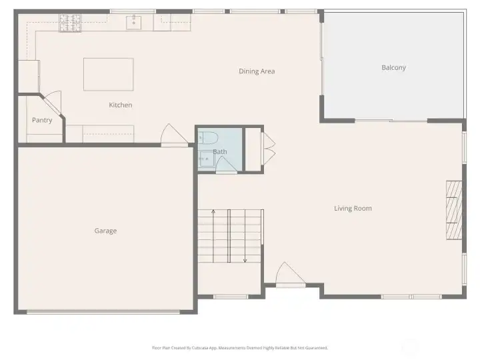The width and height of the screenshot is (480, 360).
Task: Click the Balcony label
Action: click(393, 67)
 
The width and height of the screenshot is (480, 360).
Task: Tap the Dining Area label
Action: click(257, 71)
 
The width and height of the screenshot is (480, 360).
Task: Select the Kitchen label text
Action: click(121, 105)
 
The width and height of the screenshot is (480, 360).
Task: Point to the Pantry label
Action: click(42, 121)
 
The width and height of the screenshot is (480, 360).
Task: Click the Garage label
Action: click(105, 231)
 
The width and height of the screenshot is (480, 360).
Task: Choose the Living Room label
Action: click(353, 209)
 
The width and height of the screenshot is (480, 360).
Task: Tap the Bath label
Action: click(220, 152)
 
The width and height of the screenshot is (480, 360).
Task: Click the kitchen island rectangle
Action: click(108, 74)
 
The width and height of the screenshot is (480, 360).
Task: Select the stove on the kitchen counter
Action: click(69, 23)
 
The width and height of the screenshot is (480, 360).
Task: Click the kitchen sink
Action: click(134, 22)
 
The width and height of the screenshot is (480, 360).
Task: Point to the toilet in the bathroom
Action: click(208, 138)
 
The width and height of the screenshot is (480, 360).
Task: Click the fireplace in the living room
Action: click(453, 209)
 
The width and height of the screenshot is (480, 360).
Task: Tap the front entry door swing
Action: click(289, 274)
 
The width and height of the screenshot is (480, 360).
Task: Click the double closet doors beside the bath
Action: click(269, 149)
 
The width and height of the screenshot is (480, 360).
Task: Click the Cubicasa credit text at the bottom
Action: click(240, 347)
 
